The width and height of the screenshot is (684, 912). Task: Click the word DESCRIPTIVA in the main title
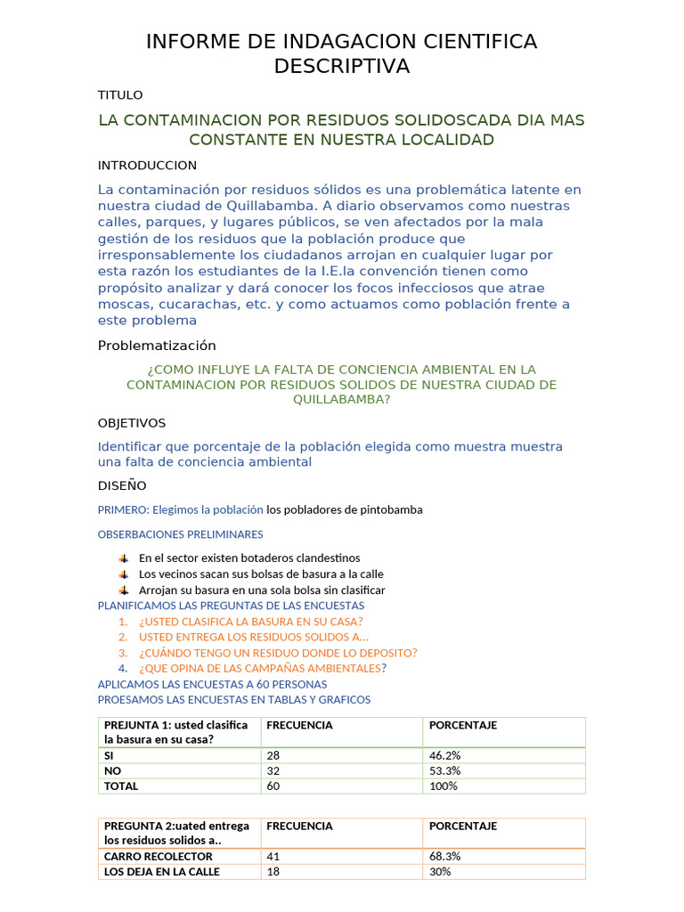pos(341,66)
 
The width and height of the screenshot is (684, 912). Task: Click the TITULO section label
pos(120,95)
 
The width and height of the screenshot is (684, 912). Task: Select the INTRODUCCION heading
pos(147,166)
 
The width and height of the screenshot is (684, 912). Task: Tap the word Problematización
pos(157,346)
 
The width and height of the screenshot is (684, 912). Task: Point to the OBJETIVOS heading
pos(132,423)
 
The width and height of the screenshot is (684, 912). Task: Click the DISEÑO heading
pos(122,486)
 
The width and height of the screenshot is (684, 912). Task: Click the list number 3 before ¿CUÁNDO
pos(123,653)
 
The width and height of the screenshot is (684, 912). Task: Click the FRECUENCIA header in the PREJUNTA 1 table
pos(299,725)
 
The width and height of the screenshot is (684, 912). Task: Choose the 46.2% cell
pos(445,755)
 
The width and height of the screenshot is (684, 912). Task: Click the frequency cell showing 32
pos(273,770)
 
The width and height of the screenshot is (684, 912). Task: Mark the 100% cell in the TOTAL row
pos(444,786)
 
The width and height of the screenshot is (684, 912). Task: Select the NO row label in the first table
pos(112,770)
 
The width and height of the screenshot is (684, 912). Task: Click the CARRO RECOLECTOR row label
pos(159,856)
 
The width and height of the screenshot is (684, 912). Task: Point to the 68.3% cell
pos(445,856)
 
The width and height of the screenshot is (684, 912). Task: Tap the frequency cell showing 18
pos(273,872)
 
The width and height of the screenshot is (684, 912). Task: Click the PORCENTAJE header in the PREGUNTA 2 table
pos(463,826)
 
